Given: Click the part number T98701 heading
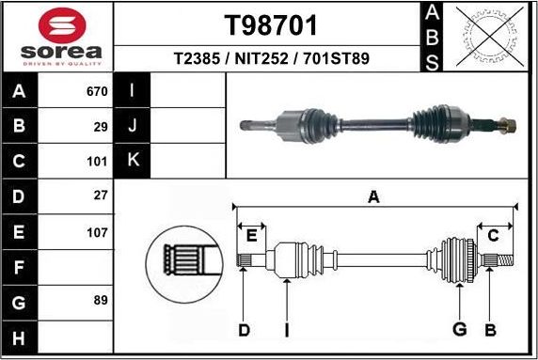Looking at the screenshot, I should [x=272, y=24].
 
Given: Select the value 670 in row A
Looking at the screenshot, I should [x=97, y=92].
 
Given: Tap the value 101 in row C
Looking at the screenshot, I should [x=97, y=160].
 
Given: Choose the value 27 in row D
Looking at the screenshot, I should [x=101, y=195].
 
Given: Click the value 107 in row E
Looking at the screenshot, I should [x=97, y=230].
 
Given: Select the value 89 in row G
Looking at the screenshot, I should [x=101, y=301].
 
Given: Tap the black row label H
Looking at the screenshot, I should [x=20, y=337].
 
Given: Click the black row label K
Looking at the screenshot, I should [x=133, y=160].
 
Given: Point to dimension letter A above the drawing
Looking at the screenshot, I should [x=373, y=197].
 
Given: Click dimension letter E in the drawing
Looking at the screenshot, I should [x=251, y=235].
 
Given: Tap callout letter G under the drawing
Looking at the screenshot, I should [x=459, y=328].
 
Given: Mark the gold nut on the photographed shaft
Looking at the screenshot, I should [x=507, y=123].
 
